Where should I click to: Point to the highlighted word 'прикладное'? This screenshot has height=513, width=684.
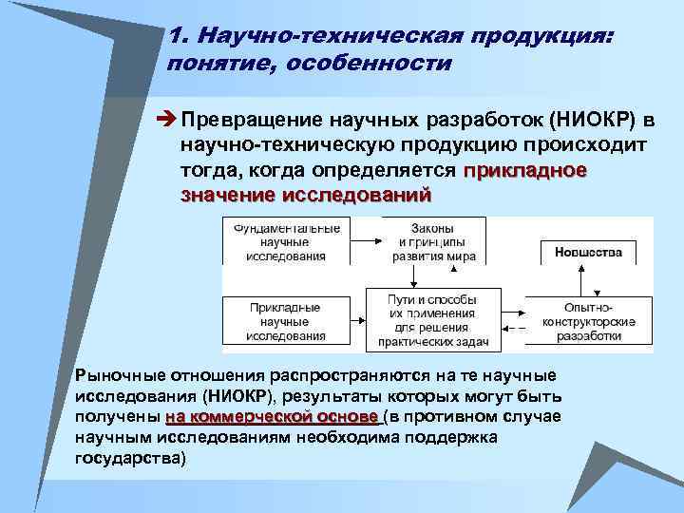point(525,171)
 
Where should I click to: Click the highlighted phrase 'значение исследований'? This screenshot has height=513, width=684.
point(305,195)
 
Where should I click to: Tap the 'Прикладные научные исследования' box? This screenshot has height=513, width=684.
point(286,321)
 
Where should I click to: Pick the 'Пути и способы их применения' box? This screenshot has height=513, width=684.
point(432,320)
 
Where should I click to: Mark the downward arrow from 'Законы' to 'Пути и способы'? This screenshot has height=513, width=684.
point(415,275)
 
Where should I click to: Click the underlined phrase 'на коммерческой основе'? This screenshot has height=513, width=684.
point(272,417)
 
